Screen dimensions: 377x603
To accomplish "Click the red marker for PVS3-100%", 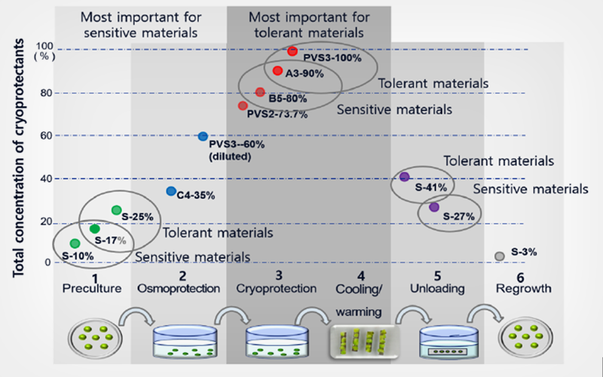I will point(292,51).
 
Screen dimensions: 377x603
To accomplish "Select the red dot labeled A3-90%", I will point(277,70).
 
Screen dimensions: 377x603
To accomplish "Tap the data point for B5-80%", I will point(260,92).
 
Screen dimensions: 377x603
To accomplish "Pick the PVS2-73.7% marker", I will point(243,106).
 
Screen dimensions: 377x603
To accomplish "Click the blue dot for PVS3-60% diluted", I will point(202,136).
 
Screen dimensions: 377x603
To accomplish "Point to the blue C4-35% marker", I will point(170,191).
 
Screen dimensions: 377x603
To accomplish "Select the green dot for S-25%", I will point(116,210).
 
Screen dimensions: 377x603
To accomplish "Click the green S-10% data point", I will point(75,243).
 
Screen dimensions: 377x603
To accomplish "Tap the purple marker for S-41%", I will point(404,176).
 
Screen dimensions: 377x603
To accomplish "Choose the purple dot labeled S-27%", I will point(433,207).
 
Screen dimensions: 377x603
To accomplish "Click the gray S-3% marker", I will point(499,256).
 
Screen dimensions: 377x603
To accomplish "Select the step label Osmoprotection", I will point(179,289).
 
